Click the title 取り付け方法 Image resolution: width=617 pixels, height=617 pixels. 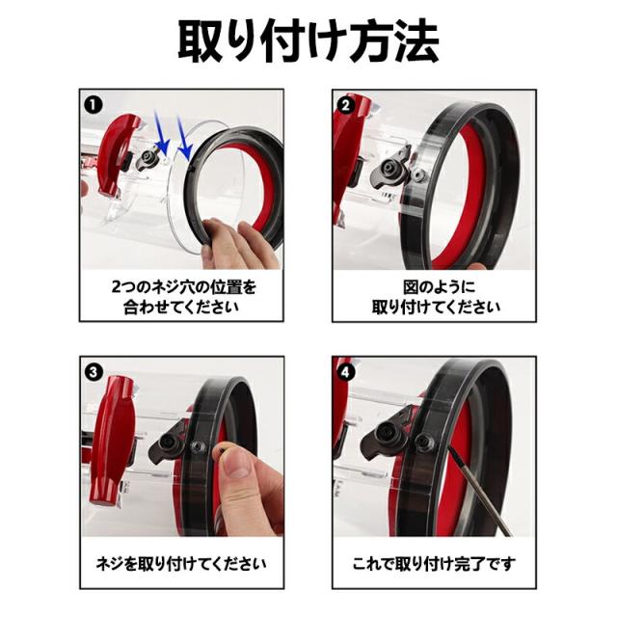(308, 40)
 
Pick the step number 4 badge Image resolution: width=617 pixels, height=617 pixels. (345, 371)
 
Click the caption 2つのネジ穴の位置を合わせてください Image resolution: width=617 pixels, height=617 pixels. (182, 296)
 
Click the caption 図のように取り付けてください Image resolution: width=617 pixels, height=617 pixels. (436, 296)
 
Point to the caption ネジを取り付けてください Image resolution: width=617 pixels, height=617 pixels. (182, 562)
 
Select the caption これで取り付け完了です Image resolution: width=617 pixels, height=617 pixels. (436, 562)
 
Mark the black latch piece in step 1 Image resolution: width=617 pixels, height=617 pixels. (149, 159)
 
